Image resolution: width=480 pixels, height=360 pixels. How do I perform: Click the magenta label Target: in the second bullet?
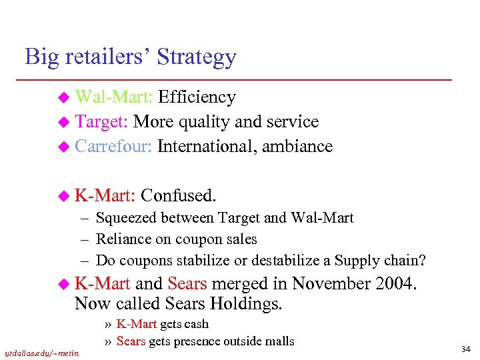click(x=102, y=122)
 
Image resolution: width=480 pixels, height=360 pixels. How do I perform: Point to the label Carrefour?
click(x=115, y=147)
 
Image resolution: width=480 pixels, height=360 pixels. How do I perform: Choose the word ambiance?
click(x=297, y=147)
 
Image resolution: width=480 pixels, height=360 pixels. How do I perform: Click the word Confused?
click(x=179, y=195)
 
